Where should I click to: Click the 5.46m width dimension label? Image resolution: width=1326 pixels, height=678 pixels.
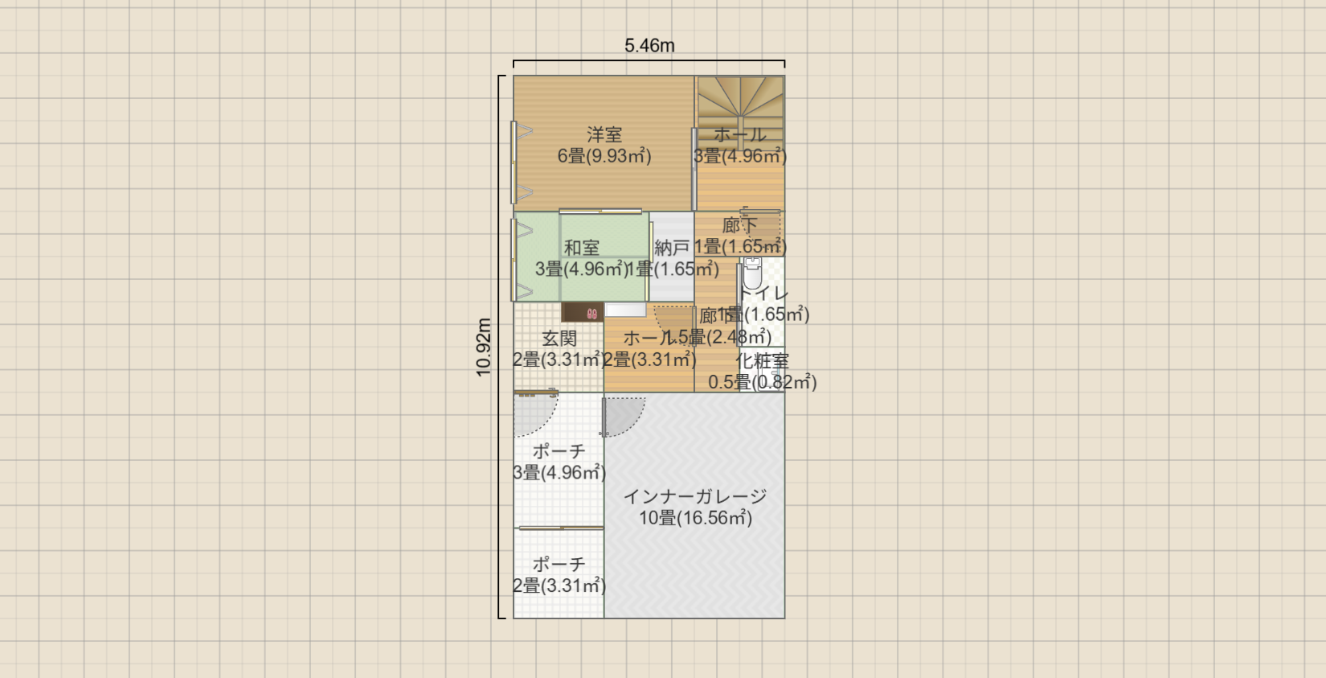[x=649, y=46]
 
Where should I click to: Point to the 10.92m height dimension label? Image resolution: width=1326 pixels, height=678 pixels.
[x=484, y=347]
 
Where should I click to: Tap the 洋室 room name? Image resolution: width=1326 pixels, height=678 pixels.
[x=604, y=134]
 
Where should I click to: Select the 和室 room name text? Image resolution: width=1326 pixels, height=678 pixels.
[x=581, y=248]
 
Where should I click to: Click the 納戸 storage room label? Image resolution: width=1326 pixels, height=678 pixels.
[x=672, y=248]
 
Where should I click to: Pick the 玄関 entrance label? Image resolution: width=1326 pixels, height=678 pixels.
[x=559, y=339]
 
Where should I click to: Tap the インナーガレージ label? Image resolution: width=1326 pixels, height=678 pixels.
[x=695, y=496]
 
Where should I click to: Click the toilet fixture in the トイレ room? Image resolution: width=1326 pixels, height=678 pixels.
[x=752, y=273]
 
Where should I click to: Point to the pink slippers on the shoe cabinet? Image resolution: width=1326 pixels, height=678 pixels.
[x=592, y=314]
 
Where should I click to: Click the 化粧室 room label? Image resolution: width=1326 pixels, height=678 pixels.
[x=762, y=361]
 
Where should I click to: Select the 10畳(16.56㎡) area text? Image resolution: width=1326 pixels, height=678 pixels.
[x=695, y=518]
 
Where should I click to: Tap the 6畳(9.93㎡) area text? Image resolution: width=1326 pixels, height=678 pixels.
[x=604, y=156]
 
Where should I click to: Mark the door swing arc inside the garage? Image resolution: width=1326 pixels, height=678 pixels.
[x=623, y=415]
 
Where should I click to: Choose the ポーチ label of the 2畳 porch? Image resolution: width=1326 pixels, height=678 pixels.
[x=559, y=565]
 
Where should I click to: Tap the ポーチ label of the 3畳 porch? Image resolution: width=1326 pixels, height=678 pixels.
[x=559, y=451]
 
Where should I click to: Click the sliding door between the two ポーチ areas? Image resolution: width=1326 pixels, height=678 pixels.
[x=560, y=528]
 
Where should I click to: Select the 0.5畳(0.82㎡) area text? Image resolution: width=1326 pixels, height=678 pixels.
[x=762, y=382]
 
